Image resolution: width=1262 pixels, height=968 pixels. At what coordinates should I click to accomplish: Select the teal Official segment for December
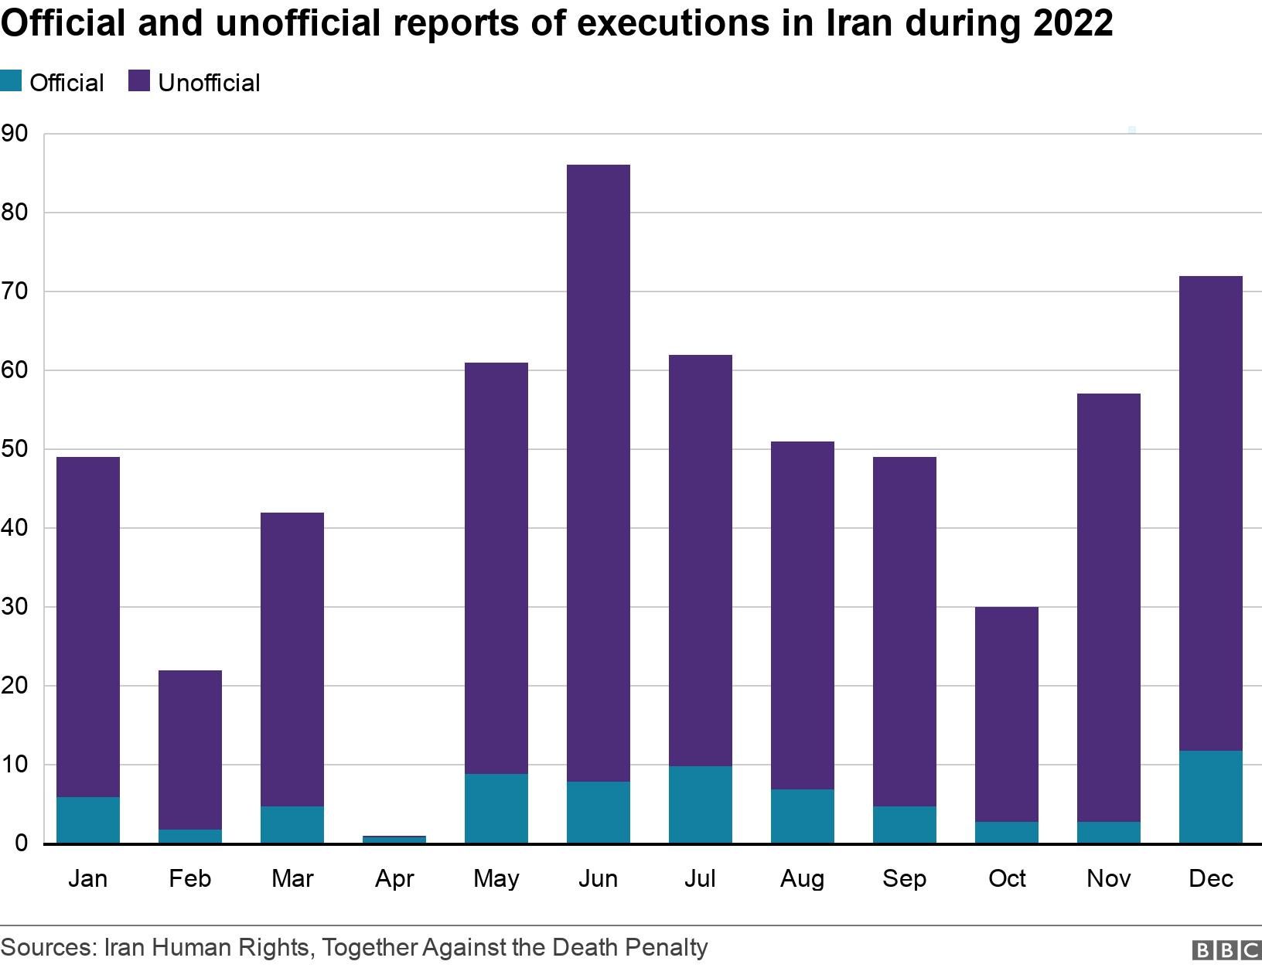coord(1210,796)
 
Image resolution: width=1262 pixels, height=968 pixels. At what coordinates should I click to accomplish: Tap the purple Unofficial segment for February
coord(189,750)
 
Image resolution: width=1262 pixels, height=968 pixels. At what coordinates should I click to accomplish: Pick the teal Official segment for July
coord(700,804)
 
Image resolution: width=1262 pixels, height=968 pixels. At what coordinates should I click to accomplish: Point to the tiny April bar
coord(394,839)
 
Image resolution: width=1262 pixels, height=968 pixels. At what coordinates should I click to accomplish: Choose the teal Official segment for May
coord(496,808)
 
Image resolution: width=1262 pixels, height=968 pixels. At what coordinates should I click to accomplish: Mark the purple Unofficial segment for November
coord(1108,608)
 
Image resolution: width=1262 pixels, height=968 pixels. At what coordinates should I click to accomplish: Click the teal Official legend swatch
coord(11,81)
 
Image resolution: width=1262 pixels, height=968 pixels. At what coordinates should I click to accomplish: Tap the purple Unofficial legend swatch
coord(139,81)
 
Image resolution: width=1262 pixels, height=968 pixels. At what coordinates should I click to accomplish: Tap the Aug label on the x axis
coord(802,878)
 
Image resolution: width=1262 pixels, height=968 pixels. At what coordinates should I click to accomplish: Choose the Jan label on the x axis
coord(87,878)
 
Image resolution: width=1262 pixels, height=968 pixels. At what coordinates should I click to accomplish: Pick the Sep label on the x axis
coord(904,878)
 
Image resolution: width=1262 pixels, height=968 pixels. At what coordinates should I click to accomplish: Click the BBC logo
coord(1226,950)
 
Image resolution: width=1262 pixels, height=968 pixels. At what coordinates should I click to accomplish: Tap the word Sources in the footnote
coord(47,947)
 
